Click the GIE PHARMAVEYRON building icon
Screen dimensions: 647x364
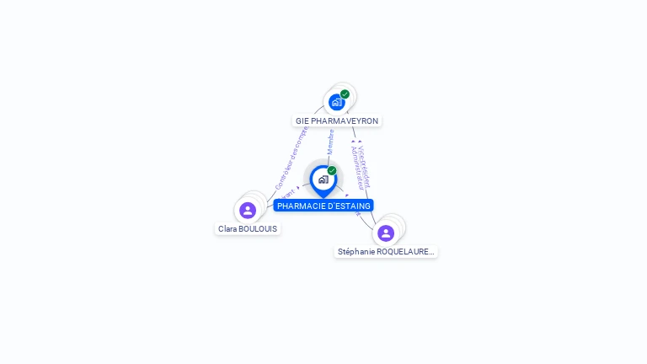pos(337,102)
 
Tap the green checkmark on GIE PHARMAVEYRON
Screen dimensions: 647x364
pos(345,94)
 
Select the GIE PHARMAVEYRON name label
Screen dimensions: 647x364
pos(337,121)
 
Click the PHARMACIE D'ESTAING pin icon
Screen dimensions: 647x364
pos(323,179)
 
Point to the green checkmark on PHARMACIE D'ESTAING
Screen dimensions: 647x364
pos(332,170)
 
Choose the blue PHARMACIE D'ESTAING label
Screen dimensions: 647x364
pos(323,206)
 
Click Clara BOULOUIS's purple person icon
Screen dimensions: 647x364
pos(248,210)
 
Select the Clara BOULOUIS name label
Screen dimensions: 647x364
pos(248,228)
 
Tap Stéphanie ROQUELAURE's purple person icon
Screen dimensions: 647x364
pos(386,233)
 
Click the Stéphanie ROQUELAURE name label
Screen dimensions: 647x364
pos(386,251)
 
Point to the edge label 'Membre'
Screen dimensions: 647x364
pos(331,141)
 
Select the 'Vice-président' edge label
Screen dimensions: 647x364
pos(364,161)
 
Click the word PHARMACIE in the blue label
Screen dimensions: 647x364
pos(301,206)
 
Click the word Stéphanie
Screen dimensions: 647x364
pos(356,251)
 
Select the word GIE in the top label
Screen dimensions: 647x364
pos(302,121)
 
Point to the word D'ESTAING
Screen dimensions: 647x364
pos(348,206)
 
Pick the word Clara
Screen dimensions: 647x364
pos(227,228)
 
